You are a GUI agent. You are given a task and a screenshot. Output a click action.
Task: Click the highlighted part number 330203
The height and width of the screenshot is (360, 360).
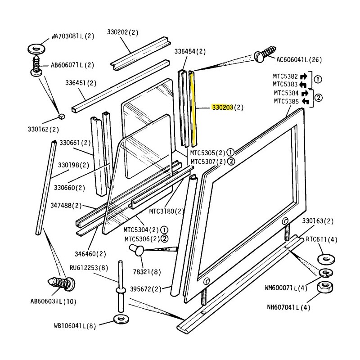222,107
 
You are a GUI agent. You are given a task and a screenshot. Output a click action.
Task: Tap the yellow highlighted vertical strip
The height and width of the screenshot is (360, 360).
193,108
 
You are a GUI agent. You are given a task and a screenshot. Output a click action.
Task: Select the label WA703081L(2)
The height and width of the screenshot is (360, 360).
73,36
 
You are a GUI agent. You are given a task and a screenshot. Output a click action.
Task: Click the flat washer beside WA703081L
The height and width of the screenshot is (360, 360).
36,49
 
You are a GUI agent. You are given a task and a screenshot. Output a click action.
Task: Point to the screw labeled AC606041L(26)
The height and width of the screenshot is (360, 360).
265,54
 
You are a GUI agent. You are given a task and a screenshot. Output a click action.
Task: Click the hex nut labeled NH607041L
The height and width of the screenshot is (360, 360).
325,287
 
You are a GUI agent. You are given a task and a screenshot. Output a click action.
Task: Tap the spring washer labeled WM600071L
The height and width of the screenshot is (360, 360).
326,273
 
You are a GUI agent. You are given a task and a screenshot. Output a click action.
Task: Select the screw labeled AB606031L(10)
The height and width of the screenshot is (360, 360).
61,284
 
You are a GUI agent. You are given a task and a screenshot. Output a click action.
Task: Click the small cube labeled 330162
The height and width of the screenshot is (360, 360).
62,117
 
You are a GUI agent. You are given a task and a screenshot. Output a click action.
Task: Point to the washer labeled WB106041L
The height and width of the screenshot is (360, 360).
121,319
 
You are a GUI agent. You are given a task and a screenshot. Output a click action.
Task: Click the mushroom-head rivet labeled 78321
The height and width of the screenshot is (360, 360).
137,250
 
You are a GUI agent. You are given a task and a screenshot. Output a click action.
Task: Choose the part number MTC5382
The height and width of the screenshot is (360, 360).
285,76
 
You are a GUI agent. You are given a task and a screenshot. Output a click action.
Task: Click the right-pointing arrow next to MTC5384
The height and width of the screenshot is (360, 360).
305,93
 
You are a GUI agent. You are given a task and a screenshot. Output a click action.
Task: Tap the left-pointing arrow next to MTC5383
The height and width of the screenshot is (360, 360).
303,85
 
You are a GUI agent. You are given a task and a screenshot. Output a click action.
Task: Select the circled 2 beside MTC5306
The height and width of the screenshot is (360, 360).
165,239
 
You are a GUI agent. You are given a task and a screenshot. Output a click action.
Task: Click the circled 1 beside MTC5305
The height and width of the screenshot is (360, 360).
230,153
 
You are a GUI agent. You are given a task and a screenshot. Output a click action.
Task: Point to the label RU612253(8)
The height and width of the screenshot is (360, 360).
89,268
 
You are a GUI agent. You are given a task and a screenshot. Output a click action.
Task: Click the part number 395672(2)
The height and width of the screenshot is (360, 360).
146,289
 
